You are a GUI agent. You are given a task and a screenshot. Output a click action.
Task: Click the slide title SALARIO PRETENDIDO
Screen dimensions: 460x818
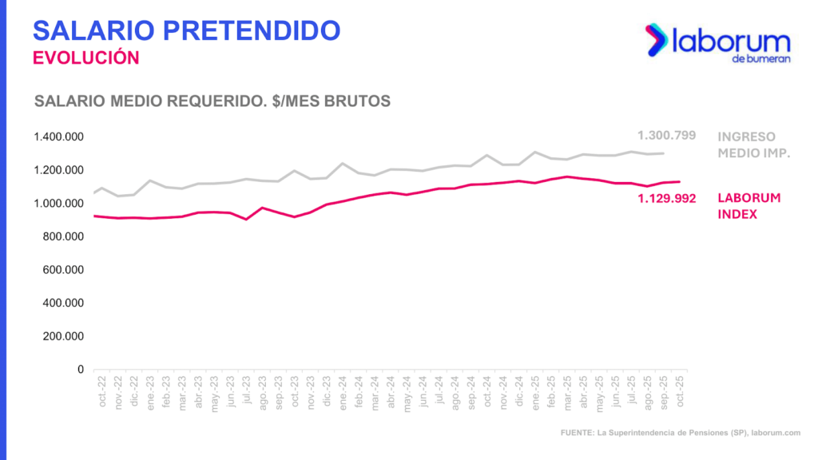(186, 30)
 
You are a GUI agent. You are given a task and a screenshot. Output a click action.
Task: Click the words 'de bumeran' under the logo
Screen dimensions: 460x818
(760, 59)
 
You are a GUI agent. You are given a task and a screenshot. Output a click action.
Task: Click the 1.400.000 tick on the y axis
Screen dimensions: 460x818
(59, 137)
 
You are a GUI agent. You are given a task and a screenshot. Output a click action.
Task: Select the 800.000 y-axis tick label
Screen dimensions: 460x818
(62, 236)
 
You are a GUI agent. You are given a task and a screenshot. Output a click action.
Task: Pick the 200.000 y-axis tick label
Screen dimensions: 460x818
(62, 336)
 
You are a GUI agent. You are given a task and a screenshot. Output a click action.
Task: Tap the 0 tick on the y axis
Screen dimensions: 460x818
(81, 370)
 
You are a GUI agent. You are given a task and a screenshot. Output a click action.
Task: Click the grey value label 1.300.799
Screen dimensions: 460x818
(667, 136)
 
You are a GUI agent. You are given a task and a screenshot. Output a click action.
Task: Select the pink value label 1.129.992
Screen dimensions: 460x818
(667, 198)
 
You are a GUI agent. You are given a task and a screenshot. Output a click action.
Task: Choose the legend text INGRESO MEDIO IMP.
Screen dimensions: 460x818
(753, 145)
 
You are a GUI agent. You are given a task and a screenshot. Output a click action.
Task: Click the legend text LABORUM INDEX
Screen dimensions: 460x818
(749, 206)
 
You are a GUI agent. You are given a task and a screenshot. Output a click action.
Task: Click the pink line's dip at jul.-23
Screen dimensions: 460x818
(246, 219)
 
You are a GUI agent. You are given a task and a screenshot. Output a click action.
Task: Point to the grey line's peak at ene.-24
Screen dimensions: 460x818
(343, 164)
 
